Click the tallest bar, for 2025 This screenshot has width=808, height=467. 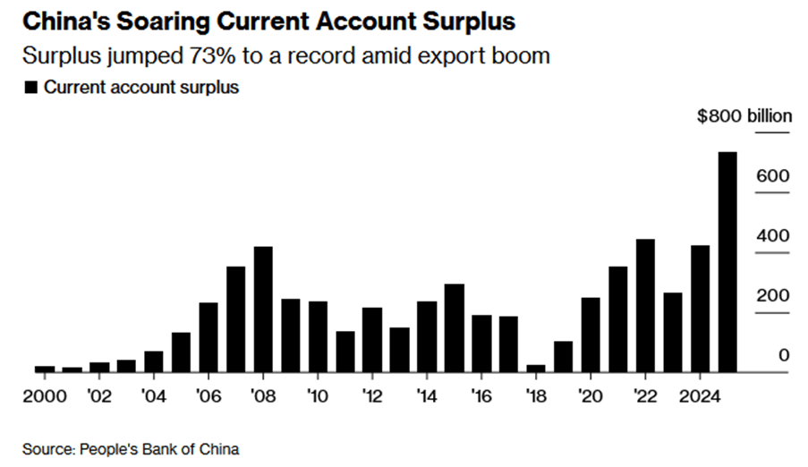[727, 262]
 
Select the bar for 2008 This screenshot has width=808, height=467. [263, 310]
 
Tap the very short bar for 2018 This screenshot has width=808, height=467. [536, 368]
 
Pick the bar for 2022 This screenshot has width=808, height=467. [645, 306]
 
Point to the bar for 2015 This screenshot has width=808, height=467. [454, 328]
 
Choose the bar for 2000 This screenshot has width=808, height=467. [45, 369]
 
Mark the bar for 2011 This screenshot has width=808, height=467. [345, 352]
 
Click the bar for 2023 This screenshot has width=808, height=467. [673, 332]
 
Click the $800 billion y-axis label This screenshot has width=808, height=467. [744, 116]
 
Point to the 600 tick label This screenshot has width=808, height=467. [770, 176]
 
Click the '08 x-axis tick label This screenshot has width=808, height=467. [263, 395]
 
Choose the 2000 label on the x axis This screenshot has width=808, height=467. [44, 395]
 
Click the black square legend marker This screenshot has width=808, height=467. [31, 88]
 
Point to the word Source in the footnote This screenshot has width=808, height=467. [47, 448]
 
